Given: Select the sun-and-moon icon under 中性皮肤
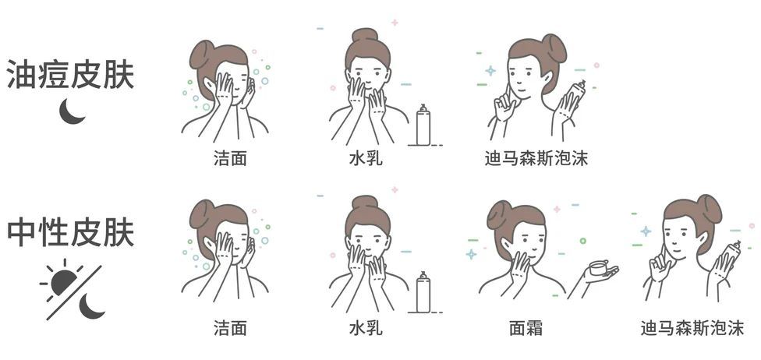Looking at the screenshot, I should coord(72,289).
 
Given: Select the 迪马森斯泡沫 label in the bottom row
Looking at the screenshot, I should coord(692,328).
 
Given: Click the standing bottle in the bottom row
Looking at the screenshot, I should coord(423,291).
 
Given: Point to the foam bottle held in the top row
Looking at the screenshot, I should coord(575,98).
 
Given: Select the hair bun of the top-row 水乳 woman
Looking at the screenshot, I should coord(364,36).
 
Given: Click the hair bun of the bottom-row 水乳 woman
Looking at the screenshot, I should coord(364,203).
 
